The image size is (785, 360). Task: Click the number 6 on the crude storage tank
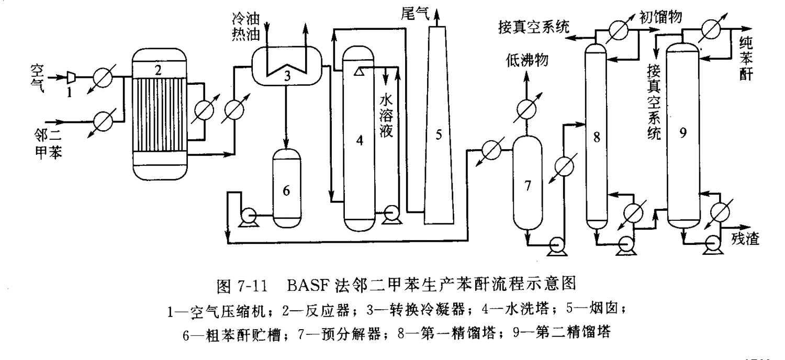click(286, 192)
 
